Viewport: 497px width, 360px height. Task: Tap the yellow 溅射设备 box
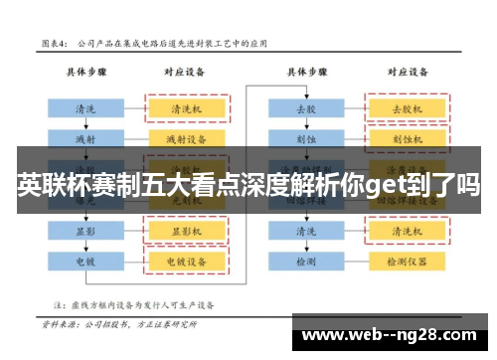pos(187,136)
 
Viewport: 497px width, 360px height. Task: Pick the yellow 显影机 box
pos(187,231)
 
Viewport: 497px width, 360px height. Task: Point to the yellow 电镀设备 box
pos(187,261)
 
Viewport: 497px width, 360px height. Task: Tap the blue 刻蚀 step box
pos(305,136)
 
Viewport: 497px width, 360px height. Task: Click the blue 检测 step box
pos(305,261)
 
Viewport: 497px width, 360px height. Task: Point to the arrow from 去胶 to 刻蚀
pos(305,123)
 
